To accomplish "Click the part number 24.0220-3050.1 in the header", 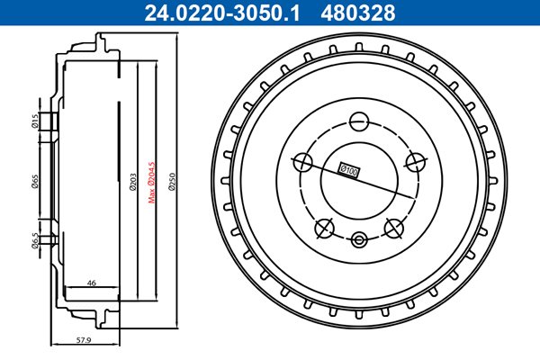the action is click(x=222, y=13).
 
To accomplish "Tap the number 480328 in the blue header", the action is click(x=358, y=13).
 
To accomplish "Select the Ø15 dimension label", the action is click(x=34, y=121).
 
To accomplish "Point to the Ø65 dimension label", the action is click(x=34, y=182).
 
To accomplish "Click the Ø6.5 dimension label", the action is click(x=34, y=240).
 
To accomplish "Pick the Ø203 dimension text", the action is click(x=133, y=182).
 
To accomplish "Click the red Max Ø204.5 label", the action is click(x=151, y=183).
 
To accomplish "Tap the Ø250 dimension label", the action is click(x=172, y=182).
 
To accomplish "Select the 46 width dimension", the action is click(x=91, y=283).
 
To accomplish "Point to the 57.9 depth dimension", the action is click(x=84, y=340).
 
